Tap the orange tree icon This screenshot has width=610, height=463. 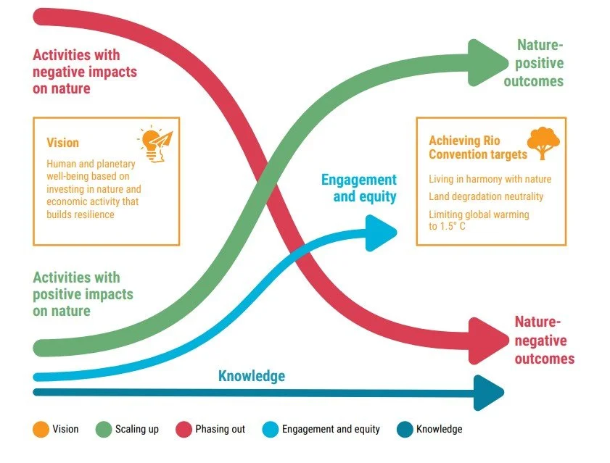pos(543,143)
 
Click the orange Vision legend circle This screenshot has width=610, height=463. pos(41,430)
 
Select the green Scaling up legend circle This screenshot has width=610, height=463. pos(104,430)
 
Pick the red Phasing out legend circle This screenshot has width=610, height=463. pos(184,430)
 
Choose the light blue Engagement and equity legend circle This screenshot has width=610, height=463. pos(269,430)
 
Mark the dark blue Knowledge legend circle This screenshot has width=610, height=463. pos(405,430)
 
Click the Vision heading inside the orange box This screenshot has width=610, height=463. pos(62,143)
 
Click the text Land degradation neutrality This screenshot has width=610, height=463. pos(486,196)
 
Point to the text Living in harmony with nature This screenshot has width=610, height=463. pos(490,179)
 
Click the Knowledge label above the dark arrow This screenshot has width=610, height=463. pos(252,375)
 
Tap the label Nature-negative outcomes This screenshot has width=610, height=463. pos(544,341)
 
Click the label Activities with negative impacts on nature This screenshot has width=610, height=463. pos(85,72)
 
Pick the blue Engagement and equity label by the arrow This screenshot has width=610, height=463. pos(358,188)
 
